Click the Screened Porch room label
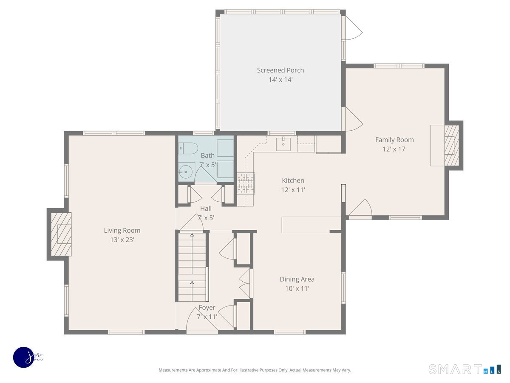pos(280,70)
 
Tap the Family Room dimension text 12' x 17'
pos(394,149)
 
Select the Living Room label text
pos(122,230)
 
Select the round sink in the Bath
pos(185,172)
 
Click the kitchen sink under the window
pos(283,144)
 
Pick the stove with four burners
pos(246,183)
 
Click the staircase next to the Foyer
pos(192,266)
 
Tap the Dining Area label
pos(297,279)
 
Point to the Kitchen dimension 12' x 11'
pos(293,190)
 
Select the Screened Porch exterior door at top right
pos(352,28)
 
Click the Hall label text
pos(206,209)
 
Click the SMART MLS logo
pos(465,369)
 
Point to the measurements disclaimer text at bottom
pos(255,370)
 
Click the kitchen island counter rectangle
pos(311,225)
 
